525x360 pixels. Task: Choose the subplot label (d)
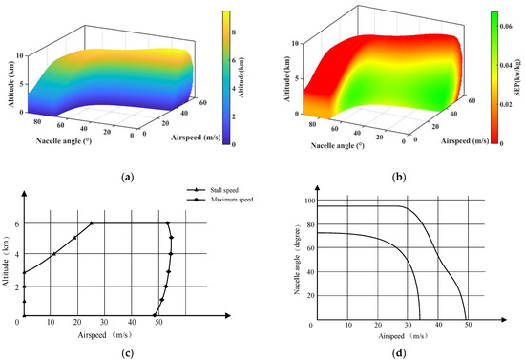click(397, 347)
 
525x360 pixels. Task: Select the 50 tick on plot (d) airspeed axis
click(467, 327)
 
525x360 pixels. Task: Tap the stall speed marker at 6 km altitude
click(93, 223)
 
